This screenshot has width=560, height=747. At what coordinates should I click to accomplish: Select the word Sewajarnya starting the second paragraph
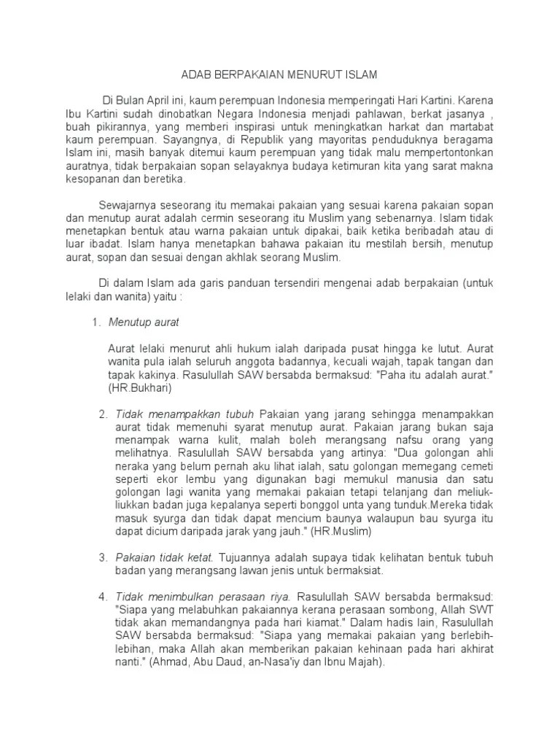127,204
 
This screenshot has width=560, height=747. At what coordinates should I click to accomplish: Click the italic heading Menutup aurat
144,321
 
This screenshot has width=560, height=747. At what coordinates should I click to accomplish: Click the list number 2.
103,414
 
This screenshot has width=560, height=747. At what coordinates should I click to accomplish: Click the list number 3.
103,557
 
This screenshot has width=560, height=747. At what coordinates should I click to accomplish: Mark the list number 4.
103,597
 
